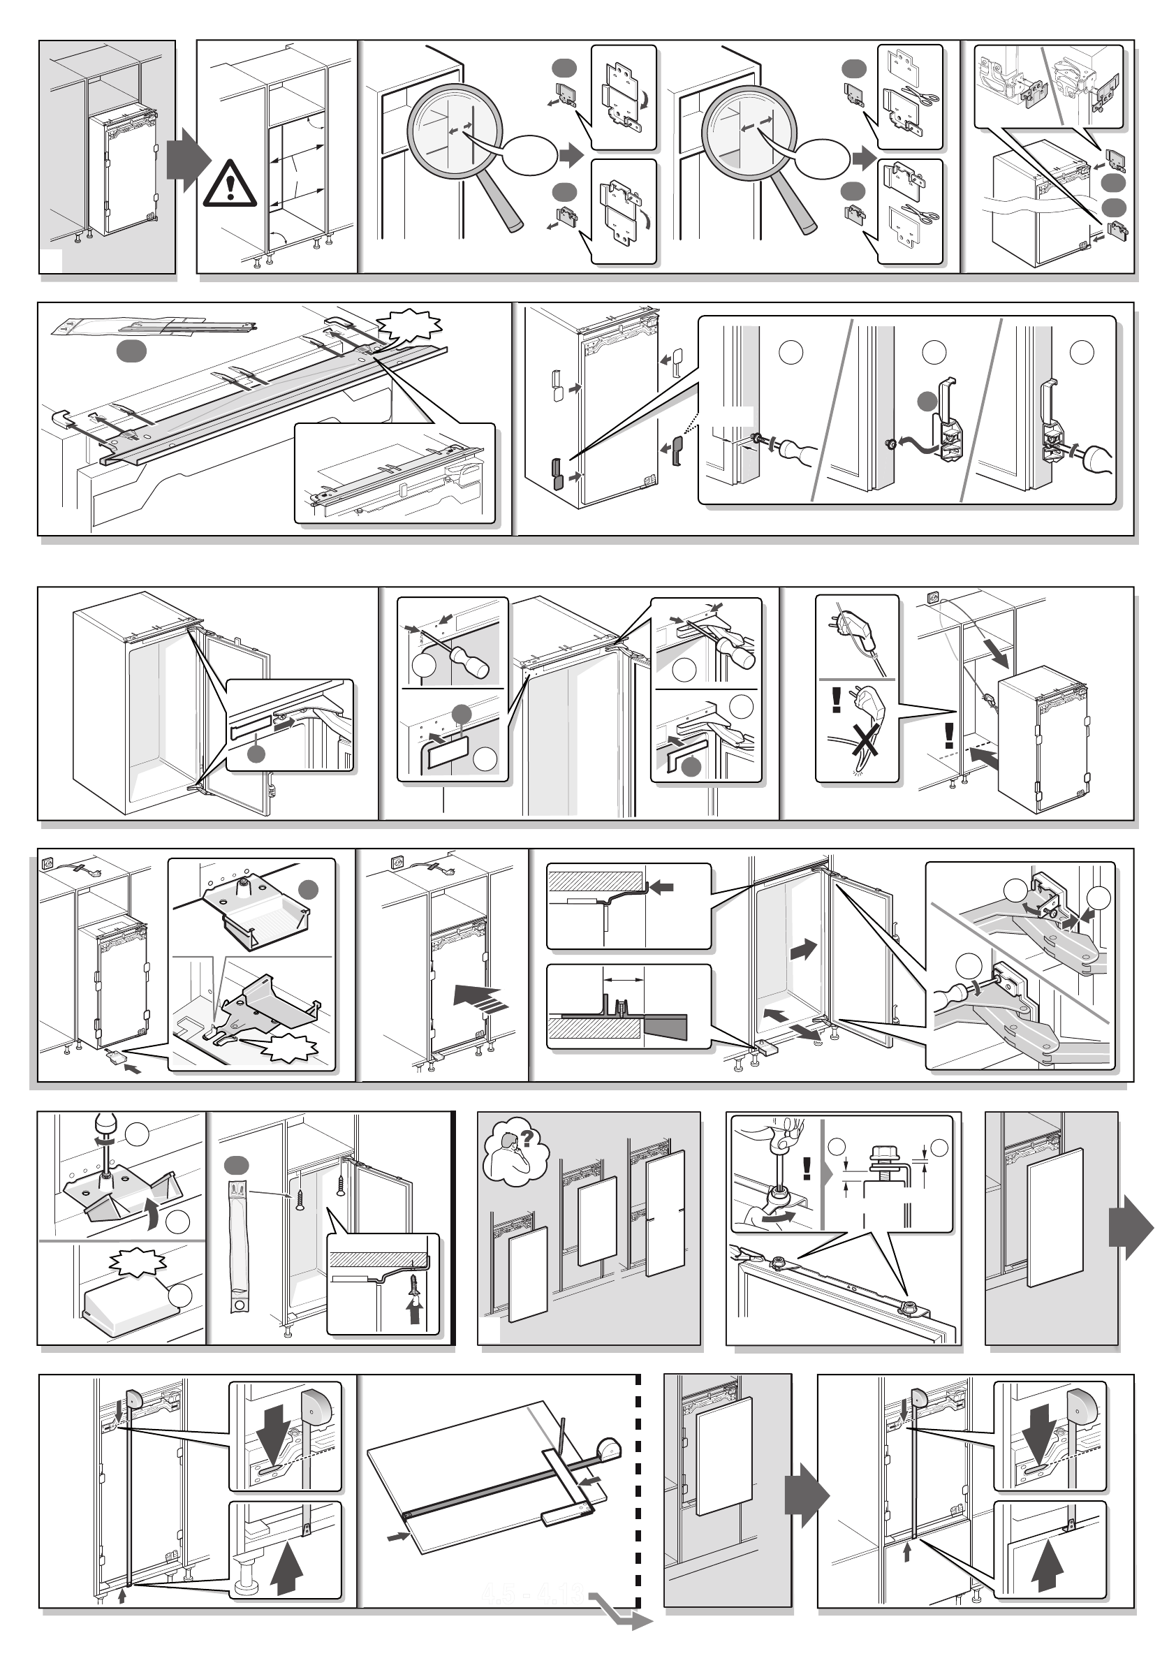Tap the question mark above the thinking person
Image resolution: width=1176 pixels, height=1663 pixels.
(x=527, y=1139)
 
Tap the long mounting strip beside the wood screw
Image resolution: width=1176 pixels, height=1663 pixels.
(x=237, y=1242)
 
